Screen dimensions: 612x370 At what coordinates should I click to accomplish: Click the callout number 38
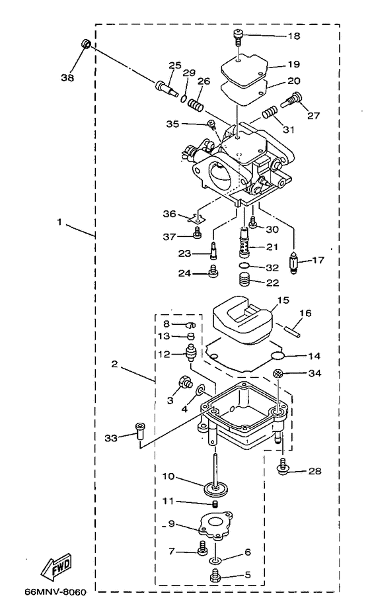68,77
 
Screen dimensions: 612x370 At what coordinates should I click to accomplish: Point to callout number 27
313,115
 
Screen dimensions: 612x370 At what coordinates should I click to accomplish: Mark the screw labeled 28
282,468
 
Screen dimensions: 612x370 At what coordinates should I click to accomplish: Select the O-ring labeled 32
244,267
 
